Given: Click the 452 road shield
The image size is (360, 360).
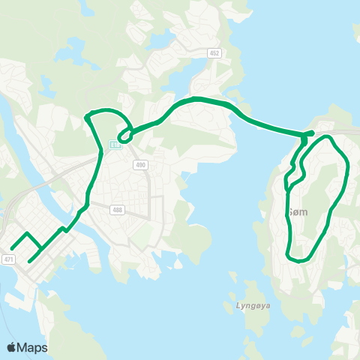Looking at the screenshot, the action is click(x=214, y=53).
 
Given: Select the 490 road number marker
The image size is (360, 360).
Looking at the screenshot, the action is click(x=141, y=164).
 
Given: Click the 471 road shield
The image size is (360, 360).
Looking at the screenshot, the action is click(x=9, y=259).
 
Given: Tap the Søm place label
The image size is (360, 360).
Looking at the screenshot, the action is click(x=298, y=212).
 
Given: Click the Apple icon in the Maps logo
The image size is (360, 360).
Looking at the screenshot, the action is click(x=12, y=346).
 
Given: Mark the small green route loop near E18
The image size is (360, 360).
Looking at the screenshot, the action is click(x=125, y=135).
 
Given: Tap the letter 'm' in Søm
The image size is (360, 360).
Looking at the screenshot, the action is click(x=304, y=212).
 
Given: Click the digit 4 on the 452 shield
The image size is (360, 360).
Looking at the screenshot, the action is click(x=211, y=53).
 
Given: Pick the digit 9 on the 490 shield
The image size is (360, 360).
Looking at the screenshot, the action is click(x=141, y=164).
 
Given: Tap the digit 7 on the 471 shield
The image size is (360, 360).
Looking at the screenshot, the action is click(x=9, y=259).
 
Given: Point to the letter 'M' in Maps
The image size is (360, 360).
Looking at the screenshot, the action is click(x=23, y=347).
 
